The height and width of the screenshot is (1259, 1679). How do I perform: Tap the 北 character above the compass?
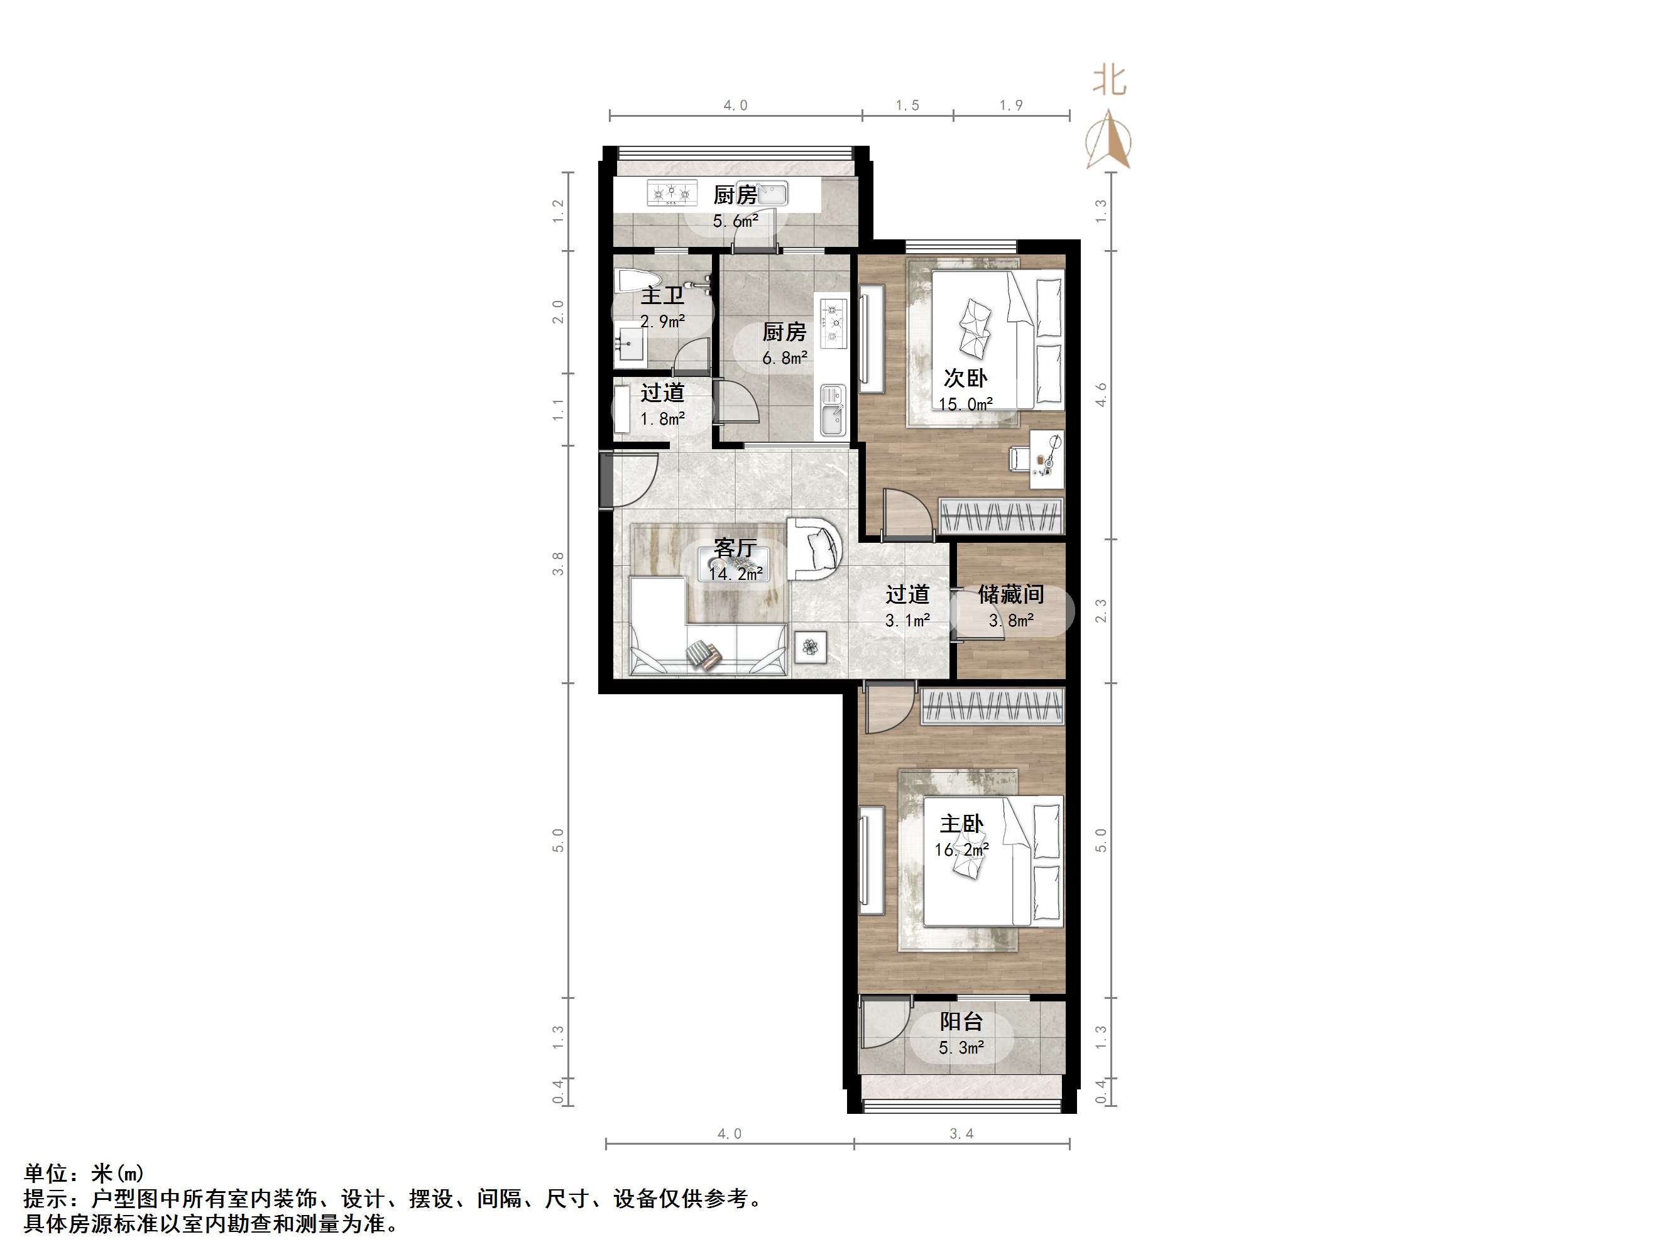click(x=1109, y=80)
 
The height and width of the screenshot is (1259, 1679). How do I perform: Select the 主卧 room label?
click(x=961, y=824)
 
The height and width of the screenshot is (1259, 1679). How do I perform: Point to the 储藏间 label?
click(x=1010, y=594)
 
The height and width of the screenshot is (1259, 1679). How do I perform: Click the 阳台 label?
click(x=961, y=1022)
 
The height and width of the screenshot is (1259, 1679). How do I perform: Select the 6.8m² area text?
click(x=784, y=357)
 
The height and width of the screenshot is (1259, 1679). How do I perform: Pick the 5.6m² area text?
click(x=735, y=222)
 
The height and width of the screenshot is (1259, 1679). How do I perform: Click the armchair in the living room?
click(x=814, y=548)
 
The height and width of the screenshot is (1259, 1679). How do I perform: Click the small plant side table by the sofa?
click(x=811, y=647)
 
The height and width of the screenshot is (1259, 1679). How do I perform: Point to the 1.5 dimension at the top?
click(x=907, y=106)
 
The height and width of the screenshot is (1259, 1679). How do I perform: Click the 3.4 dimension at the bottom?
click(x=961, y=1134)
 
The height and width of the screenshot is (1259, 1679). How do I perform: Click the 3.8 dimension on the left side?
click(x=558, y=564)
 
